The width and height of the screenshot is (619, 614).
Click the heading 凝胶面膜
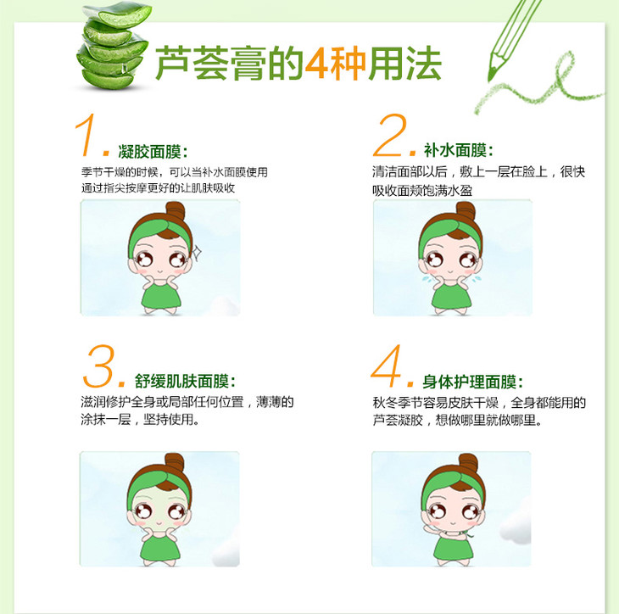point(149,152)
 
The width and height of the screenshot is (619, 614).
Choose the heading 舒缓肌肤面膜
point(182,381)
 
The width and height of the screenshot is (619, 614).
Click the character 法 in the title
point(423,63)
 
